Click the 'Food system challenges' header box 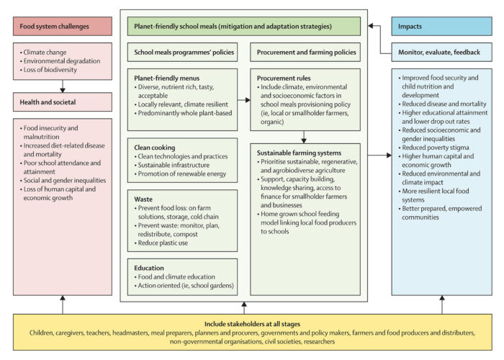(x=62, y=26)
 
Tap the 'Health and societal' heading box (x=62, y=103)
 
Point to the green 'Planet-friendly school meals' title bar (x=243, y=26)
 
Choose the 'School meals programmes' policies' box (x=181, y=53)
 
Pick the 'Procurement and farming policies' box (x=306, y=53)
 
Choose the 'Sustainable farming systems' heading (x=299, y=153)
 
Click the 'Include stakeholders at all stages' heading (x=252, y=324)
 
